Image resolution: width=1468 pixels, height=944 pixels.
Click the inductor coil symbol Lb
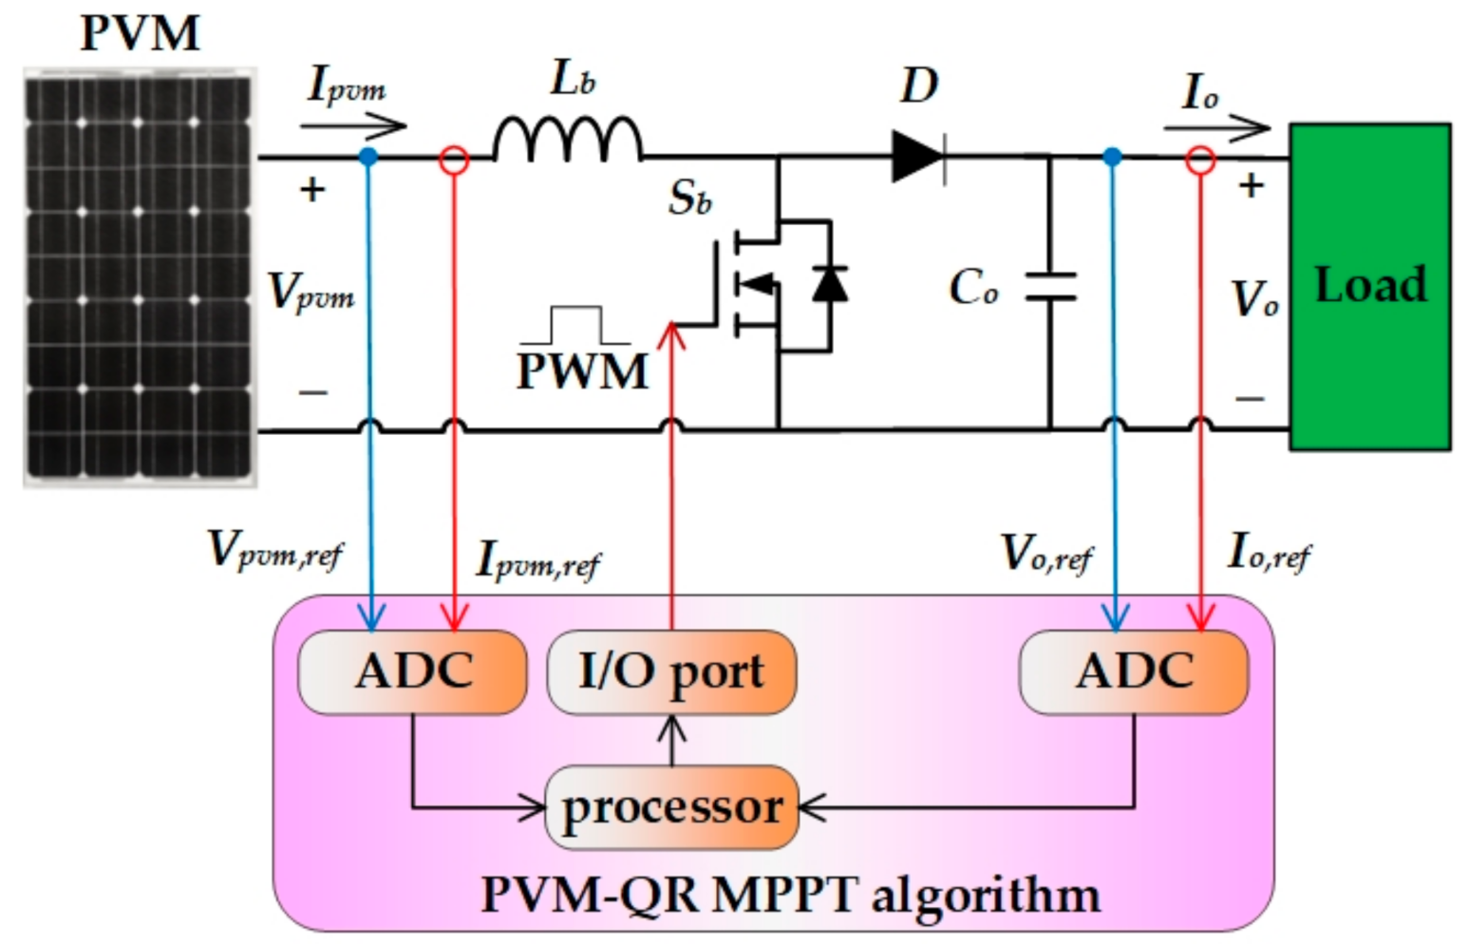[x=567, y=140]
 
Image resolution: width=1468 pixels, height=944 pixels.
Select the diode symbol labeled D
[x=917, y=157]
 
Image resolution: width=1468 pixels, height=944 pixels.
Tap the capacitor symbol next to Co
[x=1050, y=287]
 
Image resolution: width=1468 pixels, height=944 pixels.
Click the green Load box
[x=1369, y=286]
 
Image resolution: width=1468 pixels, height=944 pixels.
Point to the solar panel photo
[x=140, y=276]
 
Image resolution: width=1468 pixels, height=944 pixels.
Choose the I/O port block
[x=671, y=671]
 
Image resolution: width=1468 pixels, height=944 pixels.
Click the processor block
[x=671, y=807]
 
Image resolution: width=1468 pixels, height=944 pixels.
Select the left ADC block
[x=413, y=671]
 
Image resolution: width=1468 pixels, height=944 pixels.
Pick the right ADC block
[x=1134, y=671]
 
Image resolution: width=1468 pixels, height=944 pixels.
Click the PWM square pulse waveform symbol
[x=574, y=326]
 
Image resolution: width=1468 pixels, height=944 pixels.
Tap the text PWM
[x=582, y=371]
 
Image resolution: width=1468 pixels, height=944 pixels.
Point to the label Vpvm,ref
[x=274, y=550]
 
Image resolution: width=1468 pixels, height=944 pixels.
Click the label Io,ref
[x=1269, y=552]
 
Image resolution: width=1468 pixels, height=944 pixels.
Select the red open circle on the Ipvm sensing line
[x=455, y=160]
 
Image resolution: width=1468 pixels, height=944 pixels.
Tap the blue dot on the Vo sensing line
[x=1113, y=158]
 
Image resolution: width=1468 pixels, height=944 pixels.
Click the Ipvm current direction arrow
[x=352, y=125]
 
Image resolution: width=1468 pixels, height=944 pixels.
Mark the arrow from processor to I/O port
[x=672, y=740]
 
